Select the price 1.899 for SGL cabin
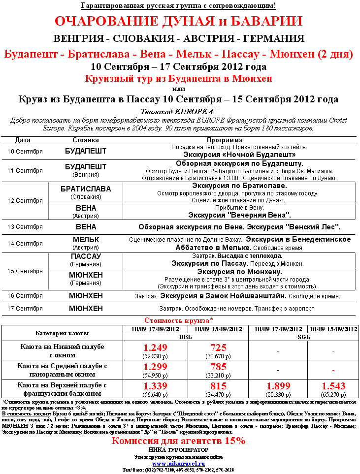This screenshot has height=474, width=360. tap(279, 385)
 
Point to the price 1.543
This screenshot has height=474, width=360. tap(333, 385)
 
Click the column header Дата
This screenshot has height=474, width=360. tap(23, 140)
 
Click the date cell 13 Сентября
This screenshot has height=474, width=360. tap(25, 227)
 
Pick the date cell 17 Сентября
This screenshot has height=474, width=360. tap(25, 309)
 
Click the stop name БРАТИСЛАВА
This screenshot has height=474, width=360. tap(86, 189)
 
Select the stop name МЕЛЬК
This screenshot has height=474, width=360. tap(86, 239)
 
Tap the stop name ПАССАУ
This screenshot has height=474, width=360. tap(86, 256)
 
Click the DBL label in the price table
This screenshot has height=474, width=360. tap(186, 337)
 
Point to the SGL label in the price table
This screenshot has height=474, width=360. tap(304, 337)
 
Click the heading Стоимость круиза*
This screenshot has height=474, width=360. tap(179, 320)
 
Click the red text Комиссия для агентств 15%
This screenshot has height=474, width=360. tap(178, 441)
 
